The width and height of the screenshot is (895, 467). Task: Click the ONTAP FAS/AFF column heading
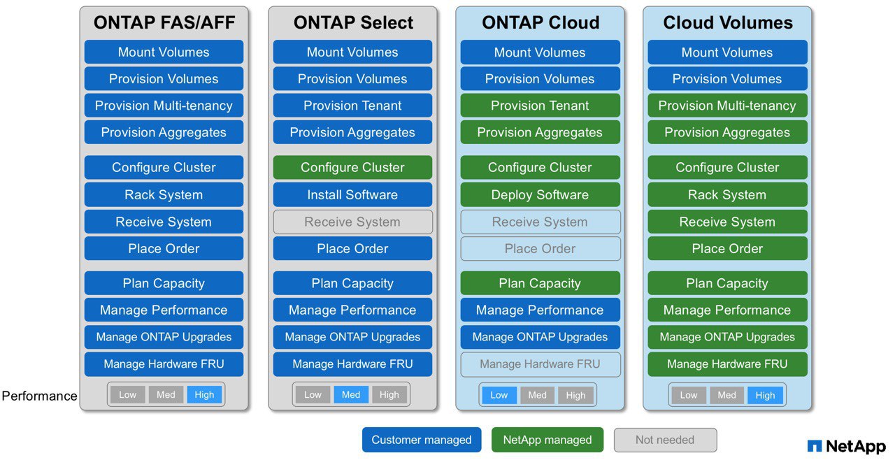(x=164, y=22)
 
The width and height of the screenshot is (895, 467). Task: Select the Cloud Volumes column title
(x=728, y=22)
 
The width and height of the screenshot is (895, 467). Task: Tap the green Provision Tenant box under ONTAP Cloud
(x=540, y=106)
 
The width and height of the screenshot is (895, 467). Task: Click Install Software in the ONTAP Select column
(x=352, y=194)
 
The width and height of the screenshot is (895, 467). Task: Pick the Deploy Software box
(x=540, y=194)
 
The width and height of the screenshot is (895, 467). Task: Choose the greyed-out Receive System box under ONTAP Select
(x=352, y=222)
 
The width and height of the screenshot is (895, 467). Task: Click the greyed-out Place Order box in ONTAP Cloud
(x=540, y=248)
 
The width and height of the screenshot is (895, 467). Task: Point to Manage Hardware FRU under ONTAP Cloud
(x=540, y=364)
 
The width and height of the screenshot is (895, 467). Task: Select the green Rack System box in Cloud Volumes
(x=727, y=194)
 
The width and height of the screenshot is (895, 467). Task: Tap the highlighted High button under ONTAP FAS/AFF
(x=204, y=395)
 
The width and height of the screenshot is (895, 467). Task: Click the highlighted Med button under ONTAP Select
(x=351, y=395)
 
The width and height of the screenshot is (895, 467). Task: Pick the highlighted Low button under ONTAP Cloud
(x=499, y=395)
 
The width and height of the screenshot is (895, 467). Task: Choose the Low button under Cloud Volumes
(x=689, y=395)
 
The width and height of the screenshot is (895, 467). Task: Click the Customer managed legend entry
(x=422, y=440)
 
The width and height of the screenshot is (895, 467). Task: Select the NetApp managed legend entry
(x=547, y=440)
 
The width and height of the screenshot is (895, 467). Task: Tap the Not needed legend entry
(x=665, y=440)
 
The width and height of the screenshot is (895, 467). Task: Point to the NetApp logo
(x=846, y=446)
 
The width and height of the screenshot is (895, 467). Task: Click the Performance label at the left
(x=40, y=396)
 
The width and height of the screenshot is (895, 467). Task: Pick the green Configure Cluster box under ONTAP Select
(x=352, y=167)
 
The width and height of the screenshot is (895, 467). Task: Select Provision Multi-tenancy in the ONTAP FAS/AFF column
(x=164, y=106)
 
